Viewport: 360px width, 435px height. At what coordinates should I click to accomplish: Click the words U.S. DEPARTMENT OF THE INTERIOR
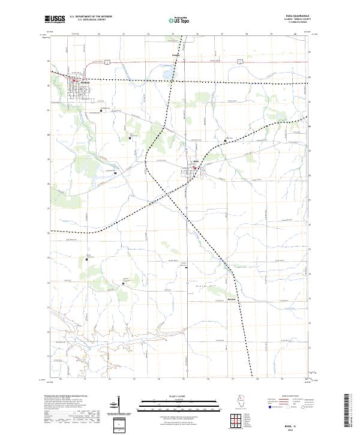pyautogui.click(x=91, y=17)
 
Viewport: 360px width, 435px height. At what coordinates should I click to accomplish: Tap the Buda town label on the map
pyautogui.click(x=196, y=161)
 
